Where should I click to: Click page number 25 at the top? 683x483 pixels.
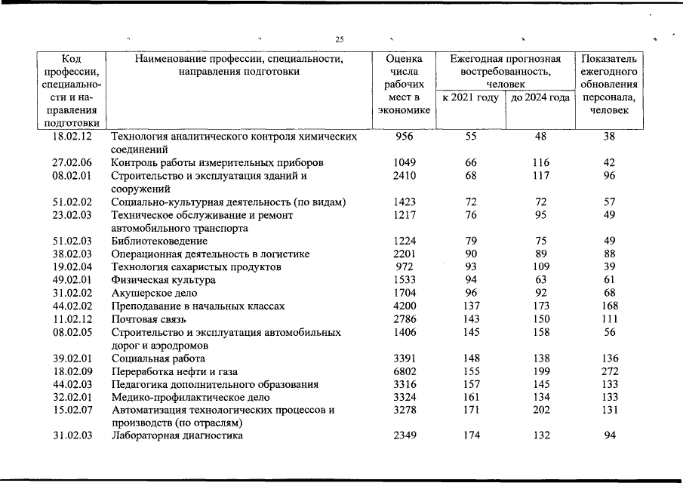pyautogui.click(x=340, y=40)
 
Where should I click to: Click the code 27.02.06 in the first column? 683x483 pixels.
pyautogui.click(x=72, y=163)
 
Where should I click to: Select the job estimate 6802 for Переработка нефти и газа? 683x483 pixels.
pyautogui.click(x=405, y=371)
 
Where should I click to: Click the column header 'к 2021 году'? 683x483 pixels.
pyautogui.click(x=472, y=98)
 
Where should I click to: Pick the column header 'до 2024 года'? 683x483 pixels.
pyautogui.click(x=540, y=98)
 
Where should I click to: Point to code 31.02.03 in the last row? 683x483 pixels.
pyautogui.click(x=72, y=435)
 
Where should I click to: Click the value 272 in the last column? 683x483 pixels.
pyautogui.click(x=610, y=371)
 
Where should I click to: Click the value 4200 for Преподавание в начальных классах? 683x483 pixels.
pyautogui.click(x=405, y=306)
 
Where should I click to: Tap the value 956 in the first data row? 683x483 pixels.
pyautogui.click(x=405, y=137)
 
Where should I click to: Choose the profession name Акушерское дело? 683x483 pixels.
pyautogui.click(x=154, y=293)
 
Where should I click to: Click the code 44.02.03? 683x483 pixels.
pyautogui.click(x=72, y=384)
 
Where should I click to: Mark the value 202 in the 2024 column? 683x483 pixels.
pyautogui.click(x=540, y=410)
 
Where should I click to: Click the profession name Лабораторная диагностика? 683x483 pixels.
pyautogui.click(x=178, y=435)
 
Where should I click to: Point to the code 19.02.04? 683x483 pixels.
pyautogui.click(x=72, y=267)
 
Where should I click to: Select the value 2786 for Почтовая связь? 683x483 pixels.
pyautogui.click(x=405, y=319)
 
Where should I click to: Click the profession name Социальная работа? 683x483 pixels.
pyautogui.click(x=158, y=358)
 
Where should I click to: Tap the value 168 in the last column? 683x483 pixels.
pyautogui.click(x=610, y=306)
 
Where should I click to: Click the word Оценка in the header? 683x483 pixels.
pyautogui.click(x=404, y=59)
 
